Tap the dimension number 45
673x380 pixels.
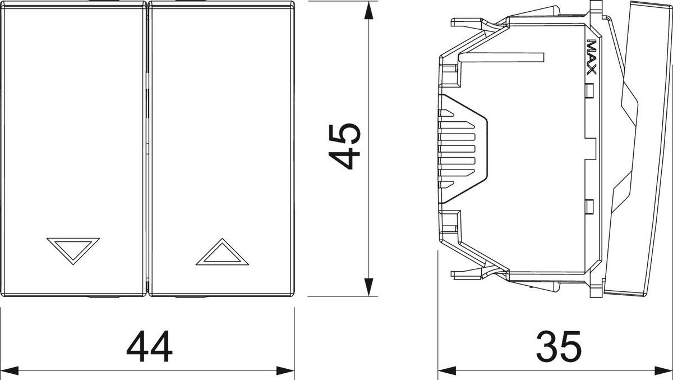coord(344,146)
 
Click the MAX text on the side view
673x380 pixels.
coord(591,57)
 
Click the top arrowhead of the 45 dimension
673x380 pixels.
coord(368,11)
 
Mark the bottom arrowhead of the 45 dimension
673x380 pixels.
coord(368,287)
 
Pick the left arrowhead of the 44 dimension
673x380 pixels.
coord(10,370)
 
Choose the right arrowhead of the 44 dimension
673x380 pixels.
coord(285,370)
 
